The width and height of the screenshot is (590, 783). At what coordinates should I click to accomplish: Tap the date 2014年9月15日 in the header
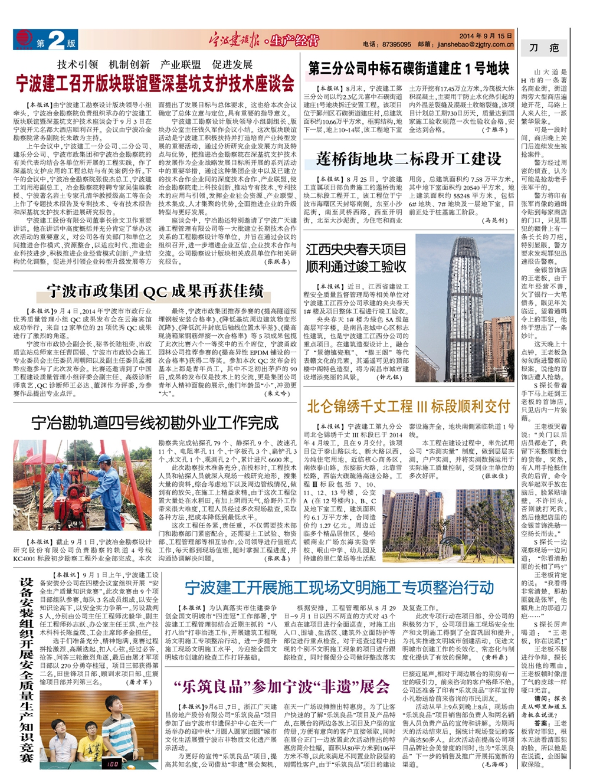pyautogui.click(x=486, y=36)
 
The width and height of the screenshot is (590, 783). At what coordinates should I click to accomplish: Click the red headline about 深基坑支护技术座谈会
pyautogui.click(x=155, y=84)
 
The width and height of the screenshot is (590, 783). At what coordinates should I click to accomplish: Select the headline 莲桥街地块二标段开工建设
pyautogui.click(x=408, y=159)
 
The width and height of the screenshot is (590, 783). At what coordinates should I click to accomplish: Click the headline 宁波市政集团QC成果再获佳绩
pyautogui.click(x=155, y=290)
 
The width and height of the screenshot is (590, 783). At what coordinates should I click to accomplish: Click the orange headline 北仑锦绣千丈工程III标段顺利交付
pyautogui.click(x=408, y=406)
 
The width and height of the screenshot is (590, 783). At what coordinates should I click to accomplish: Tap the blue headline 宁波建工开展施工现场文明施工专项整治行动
pyautogui.click(x=339, y=587)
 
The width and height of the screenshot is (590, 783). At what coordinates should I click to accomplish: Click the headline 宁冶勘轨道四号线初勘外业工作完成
pyautogui.click(x=155, y=422)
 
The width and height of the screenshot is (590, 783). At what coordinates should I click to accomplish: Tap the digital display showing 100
pyautogui.click(x=111, y=764)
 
